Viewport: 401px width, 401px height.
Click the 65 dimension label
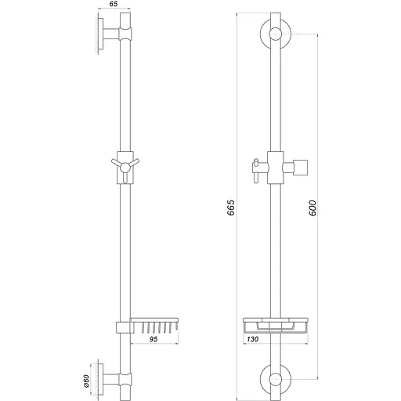click(x=114, y=5)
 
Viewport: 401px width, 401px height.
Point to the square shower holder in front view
click(x=301, y=165)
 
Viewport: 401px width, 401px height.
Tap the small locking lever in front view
click(x=253, y=167)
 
